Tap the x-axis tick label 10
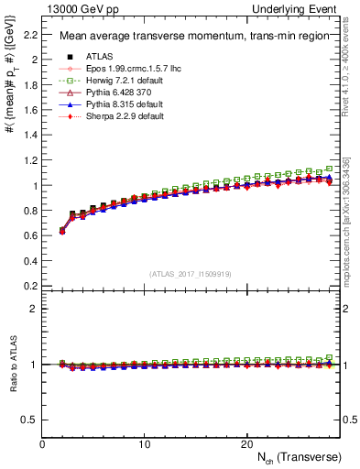(x=144, y=444)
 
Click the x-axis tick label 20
(x=245, y=444)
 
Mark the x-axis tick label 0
(x=42, y=444)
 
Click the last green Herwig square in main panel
(x=330, y=169)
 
